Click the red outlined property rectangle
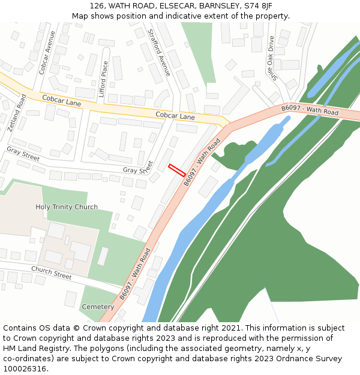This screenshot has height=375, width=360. click(x=177, y=170)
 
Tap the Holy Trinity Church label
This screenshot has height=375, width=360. click(x=67, y=207)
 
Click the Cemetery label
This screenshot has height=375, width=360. click(x=98, y=307)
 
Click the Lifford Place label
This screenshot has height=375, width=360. click(x=104, y=80)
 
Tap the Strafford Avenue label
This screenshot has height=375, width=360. click(x=160, y=52)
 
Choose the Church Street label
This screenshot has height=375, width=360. click(x=51, y=274)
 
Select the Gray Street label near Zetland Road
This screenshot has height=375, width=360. click(x=23, y=153)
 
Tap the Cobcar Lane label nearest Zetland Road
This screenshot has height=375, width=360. click(x=61, y=100)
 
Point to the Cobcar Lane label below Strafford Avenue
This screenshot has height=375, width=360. click(x=175, y=116)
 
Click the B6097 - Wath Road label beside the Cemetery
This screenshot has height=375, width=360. click(x=134, y=274)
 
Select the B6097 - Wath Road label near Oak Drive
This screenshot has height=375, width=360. click(x=310, y=110)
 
